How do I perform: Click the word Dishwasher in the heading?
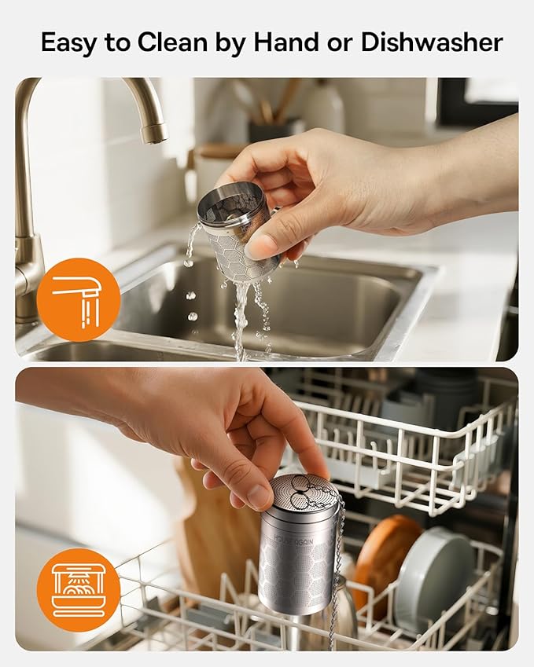pos(432,42)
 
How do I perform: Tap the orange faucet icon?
pos(79,299)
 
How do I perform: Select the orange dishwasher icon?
pos(79,590)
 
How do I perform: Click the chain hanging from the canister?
pos(337,574)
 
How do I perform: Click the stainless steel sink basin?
pos(330,306)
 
